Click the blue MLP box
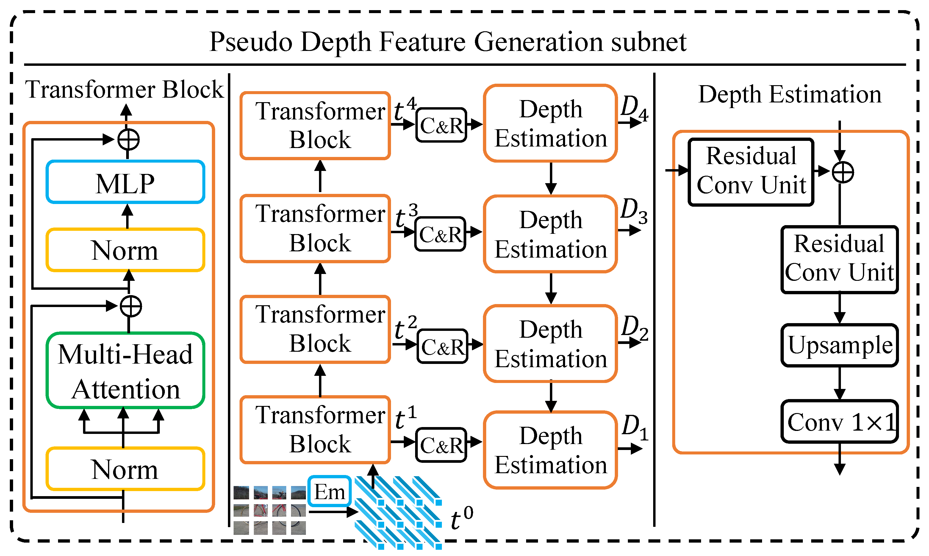pyautogui.click(x=125, y=182)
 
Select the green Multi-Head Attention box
pyautogui.click(x=125, y=370)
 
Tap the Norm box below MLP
pyautogui.click(x=125, y=250)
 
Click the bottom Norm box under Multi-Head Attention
pyautogui.click(x=125, y=469)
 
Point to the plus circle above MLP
pyautogui.click(x=128, y=140)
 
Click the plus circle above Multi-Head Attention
pyautogui.click(x=131, y=306)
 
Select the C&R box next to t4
pyautogui.click(x=441, y=125)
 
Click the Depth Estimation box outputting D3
pyautogui.click(x=550, y=234)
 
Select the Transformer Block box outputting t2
pyautogui.click(x=315, y=329)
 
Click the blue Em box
pyautogui.click(x=329, y=491)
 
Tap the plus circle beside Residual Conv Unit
pyautogui.click(x=842, y=172)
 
